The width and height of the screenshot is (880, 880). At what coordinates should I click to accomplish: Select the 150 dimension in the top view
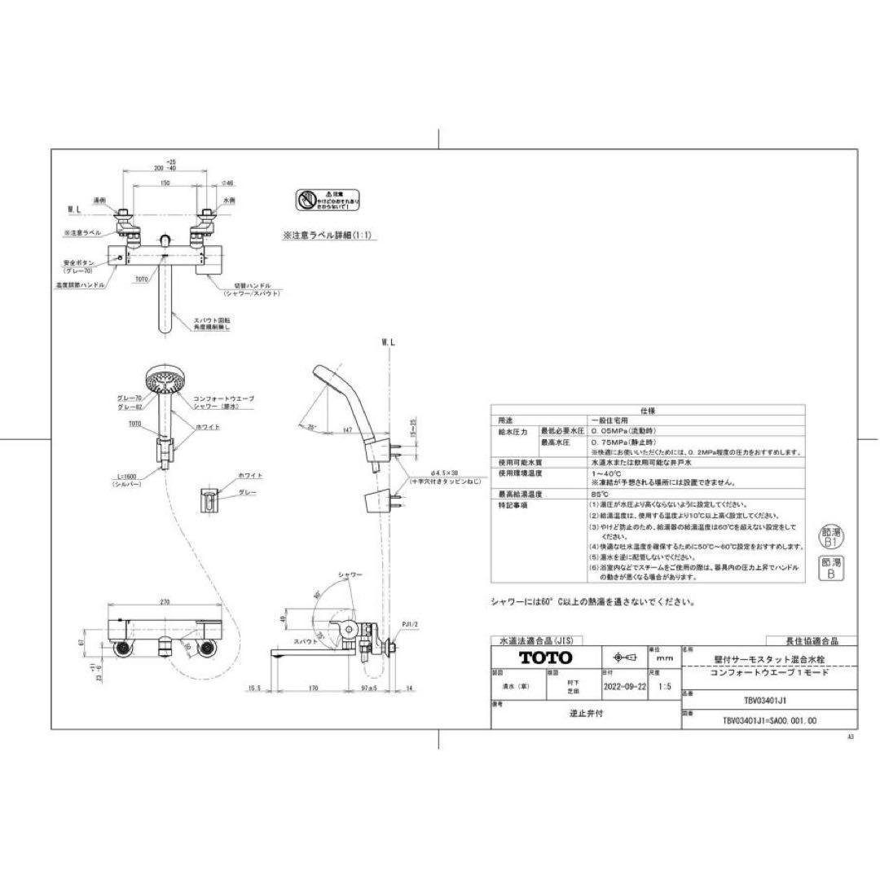(x=165, y=183)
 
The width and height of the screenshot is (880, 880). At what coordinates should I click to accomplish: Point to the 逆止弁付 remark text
(x=585, y=712)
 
